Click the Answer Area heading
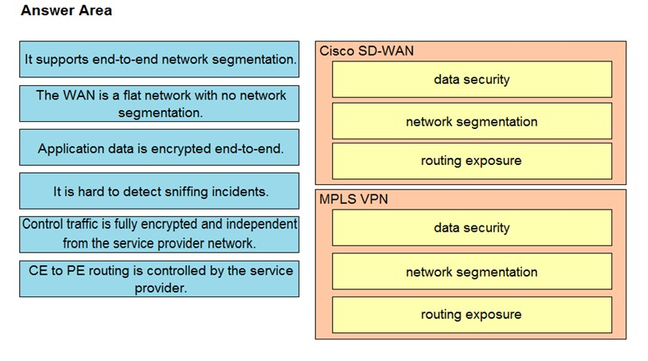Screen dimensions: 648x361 coord(66,10)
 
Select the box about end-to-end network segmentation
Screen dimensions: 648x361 coord(159,59)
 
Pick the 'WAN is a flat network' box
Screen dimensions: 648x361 coord(159,104)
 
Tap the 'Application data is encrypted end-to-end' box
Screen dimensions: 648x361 coord(159,147)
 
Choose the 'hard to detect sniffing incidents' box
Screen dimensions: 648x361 coord(159,190)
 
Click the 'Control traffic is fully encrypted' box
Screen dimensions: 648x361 coord(159,234)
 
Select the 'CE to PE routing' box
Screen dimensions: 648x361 coord(159,279)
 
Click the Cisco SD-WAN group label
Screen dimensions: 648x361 coord(367,51)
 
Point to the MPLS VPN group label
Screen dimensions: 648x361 coord(354,199)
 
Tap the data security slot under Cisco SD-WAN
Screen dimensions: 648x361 coord(472,80)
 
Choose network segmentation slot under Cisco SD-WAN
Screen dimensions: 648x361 coord(472,121)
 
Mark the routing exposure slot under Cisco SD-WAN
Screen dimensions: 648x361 coord(472,161)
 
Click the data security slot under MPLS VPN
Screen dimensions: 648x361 coord(472,228)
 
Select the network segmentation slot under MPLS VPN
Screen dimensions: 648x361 coord(472,272)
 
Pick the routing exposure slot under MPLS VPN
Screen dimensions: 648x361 coord(472,315)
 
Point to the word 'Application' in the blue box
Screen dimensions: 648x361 coord(71,149)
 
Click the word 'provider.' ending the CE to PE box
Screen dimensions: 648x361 coord(161,288)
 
